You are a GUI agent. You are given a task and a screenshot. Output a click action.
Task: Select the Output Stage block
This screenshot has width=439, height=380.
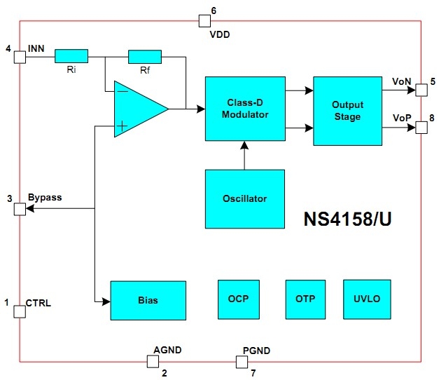pos(347,111)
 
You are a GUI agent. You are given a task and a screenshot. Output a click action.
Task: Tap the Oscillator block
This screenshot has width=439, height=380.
pos(245,198)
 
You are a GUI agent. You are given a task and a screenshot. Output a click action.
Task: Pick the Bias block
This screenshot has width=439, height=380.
pos(148,300)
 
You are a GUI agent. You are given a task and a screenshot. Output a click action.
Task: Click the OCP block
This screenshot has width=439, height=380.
pos(239,299)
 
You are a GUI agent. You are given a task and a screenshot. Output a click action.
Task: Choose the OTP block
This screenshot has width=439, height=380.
pos(305,299)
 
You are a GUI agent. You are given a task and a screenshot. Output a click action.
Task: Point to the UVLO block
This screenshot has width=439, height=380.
pos(367,299)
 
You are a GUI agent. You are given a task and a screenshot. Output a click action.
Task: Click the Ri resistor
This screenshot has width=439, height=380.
pos(71,55)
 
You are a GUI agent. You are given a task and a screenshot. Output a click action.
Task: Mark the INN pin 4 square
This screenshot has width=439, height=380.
pos(20,55)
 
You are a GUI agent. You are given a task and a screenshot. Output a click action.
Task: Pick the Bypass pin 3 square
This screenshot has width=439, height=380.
pos(20,209)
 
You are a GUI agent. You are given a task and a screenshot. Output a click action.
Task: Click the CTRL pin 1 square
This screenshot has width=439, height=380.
pos(20,311)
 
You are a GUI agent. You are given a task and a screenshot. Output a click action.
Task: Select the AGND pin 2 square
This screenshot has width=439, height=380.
pos(153,361)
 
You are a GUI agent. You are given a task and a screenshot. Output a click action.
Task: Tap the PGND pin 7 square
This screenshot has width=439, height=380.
pos(241,361)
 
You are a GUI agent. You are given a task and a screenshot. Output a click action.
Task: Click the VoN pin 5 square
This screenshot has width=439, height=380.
pos(421,89)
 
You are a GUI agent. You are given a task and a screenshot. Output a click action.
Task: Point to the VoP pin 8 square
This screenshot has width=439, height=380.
pos(421,127)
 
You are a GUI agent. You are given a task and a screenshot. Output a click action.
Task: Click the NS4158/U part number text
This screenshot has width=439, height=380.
pos(347,219)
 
